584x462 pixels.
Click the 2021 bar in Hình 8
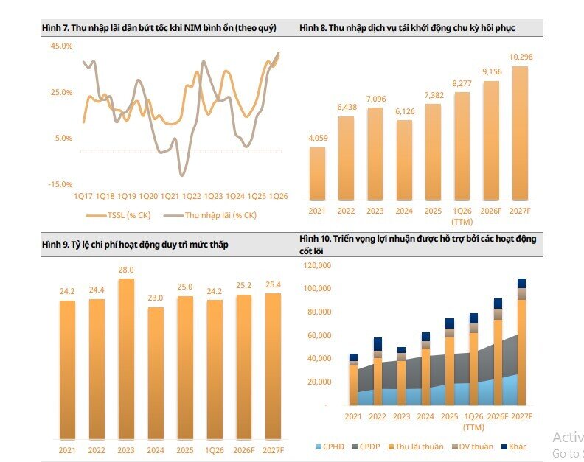click(317, 174)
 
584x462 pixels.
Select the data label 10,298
click(521, 57)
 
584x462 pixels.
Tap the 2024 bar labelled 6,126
click(405, 160)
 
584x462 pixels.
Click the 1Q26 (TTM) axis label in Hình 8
click(462, 217)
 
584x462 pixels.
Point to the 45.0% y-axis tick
click(61, 46)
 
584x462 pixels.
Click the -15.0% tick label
click(60, 184)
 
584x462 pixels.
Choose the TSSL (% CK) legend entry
click(119, 215)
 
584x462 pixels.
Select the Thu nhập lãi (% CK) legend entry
click(210, 215)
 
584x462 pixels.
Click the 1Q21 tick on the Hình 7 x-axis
click(170, 196)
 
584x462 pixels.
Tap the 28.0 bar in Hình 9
click(126, 359)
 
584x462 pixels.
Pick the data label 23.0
click(156, 298)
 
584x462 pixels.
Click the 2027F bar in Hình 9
click(273, 366)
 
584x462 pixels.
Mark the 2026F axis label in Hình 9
click(243, 450)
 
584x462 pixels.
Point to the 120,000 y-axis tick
click(317, 265)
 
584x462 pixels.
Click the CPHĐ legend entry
click(330, 447)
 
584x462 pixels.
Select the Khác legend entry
click(515, 447)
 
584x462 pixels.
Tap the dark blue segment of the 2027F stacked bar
click(522, 283)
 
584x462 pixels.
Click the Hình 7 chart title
click(159, 28)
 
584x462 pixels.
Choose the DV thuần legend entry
click(472, 447)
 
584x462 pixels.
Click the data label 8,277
click(462, 83)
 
